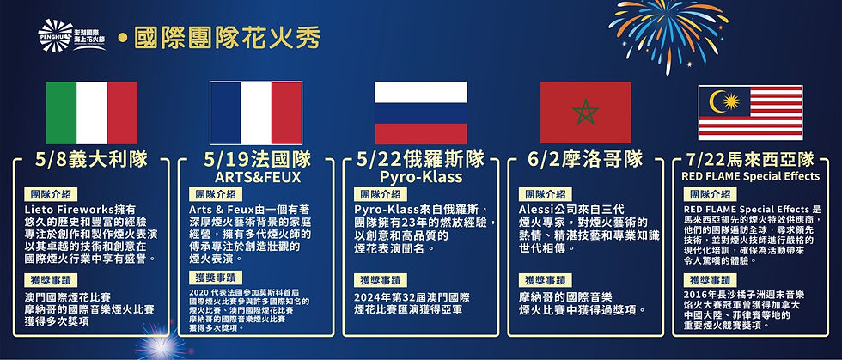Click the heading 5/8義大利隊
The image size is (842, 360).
pyautogui.click(x=92, y=159)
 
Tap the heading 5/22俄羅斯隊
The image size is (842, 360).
pyautogui.click(x=420, y=159)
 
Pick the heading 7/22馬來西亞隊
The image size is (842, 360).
pyautogui.click(x=750, y=159)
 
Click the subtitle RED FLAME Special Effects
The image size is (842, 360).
pyautogui.click(x=750, y=176)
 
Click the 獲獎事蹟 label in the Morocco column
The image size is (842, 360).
pyautogui.click(x=543, y=280)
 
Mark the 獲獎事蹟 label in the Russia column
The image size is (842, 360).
pyautogui.click(x=379, y=280)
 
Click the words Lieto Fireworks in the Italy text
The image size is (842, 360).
pyautogui.click(x=70, y=211)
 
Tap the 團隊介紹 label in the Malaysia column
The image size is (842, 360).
pyautogui.click(x=709, y=194)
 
